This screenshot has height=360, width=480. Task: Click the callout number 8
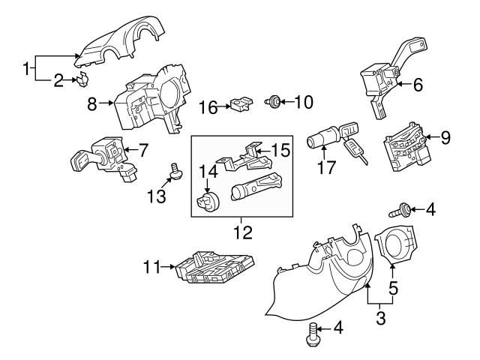coord(92,105)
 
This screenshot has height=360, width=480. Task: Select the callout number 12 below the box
coord(242,232)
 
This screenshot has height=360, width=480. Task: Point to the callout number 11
coord(151,265)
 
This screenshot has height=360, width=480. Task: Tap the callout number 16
coord(208,107)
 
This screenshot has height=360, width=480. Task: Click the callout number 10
coord(304,100)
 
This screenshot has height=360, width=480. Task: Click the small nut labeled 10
coord(275,100)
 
